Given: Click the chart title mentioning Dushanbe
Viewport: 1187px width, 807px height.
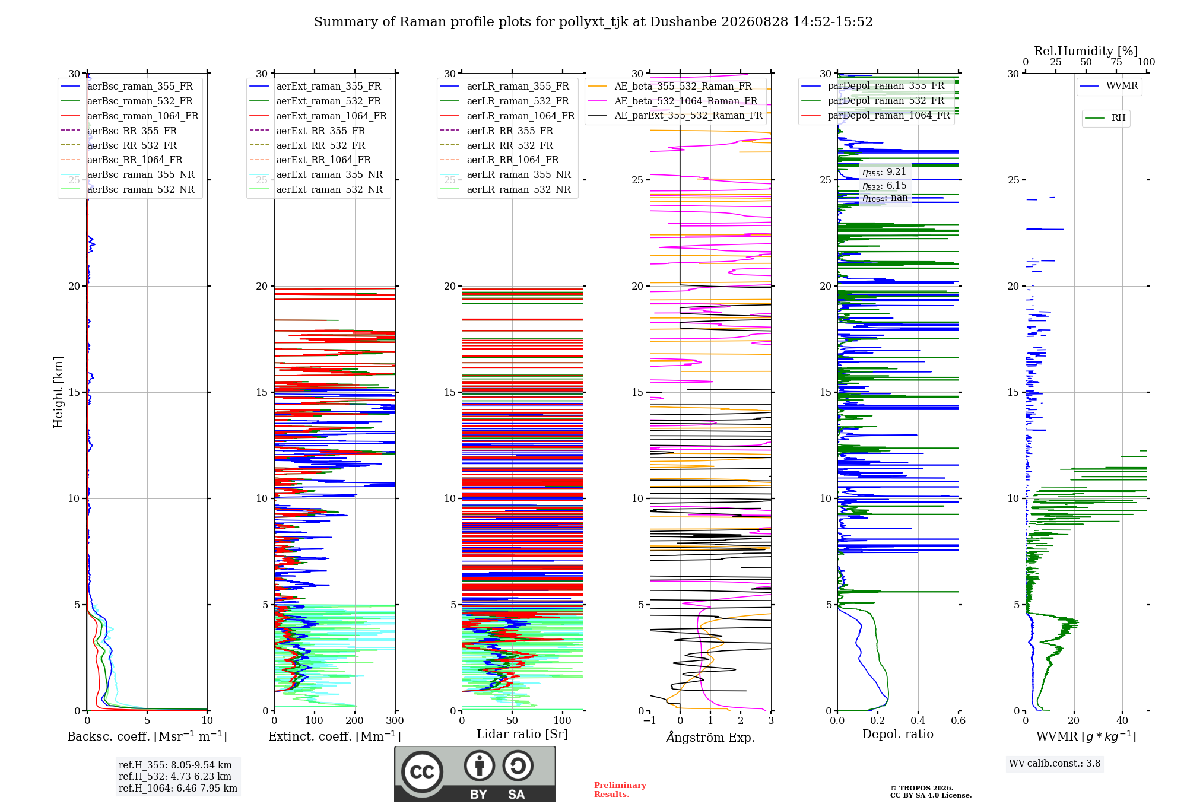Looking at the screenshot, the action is pyautogui.click(x=593, y=22).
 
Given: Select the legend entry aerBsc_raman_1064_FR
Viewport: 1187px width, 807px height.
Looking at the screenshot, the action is pyautogui.click(x=142, y=116).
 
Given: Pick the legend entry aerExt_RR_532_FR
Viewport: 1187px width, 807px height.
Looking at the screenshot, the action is pyautogui.click(x=320, y=145).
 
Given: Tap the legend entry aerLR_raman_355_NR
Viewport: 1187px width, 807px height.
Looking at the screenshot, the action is pyautogui.click(x=519, y=174).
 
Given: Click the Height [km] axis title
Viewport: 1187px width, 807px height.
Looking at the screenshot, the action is pyautogui.click(x=58, y=392).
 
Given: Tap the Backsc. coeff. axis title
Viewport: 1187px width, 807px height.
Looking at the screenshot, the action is pyautogui.click(x=147, y=736).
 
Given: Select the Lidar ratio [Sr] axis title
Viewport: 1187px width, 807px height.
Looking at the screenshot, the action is pyautogui.click(x=522, y=735).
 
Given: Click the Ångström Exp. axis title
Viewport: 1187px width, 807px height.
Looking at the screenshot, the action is pyautogui.click(x=710, y=737).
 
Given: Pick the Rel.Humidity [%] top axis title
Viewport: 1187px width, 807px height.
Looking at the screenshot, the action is pyautogui.click(x=1086, y=51).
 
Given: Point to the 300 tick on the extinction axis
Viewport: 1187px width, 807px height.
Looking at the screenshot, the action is pyautogui.click(x=395, y=721).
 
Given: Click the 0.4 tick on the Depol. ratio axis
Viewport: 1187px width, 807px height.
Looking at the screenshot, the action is pyautogui.click(x=918, y=721).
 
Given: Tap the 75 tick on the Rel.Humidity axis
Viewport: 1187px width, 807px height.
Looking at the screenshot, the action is pyautogui.click(x=1116, y=62).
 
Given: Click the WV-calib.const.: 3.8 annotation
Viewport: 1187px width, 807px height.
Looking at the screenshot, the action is pyautogui.click(x=1055, y=764).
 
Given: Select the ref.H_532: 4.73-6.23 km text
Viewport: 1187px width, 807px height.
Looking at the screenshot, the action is pyautogui.click(x=175, y=776).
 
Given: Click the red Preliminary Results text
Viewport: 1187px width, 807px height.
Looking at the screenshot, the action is pyautogui.click(x=620, y=790).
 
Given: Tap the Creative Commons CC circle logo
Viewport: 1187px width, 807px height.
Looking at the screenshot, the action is pyautogui.click(x=422, y=771).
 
